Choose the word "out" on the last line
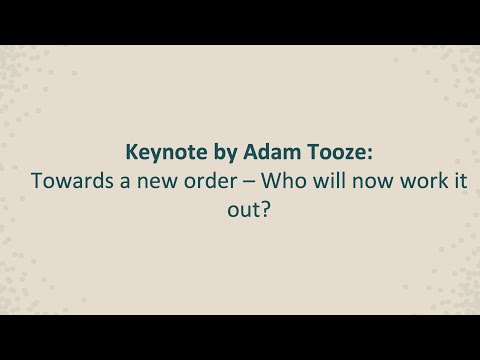click(x=227, y=211)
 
